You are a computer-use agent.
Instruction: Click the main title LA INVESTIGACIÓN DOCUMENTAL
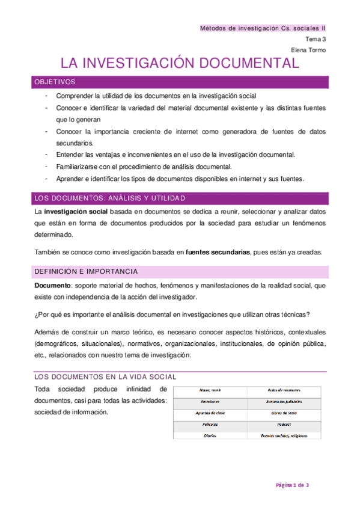coord(179,64)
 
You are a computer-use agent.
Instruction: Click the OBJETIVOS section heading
coord(55,82)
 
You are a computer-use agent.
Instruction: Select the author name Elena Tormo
coord(308,50)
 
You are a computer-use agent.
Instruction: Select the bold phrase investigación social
coord(75,212)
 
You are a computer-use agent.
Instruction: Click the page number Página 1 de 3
coord(292,485)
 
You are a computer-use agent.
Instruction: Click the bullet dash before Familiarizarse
coord(47,167)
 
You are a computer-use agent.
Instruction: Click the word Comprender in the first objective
coord(74,96)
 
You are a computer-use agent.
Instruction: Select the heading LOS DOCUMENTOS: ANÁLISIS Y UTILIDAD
coord(109,198)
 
